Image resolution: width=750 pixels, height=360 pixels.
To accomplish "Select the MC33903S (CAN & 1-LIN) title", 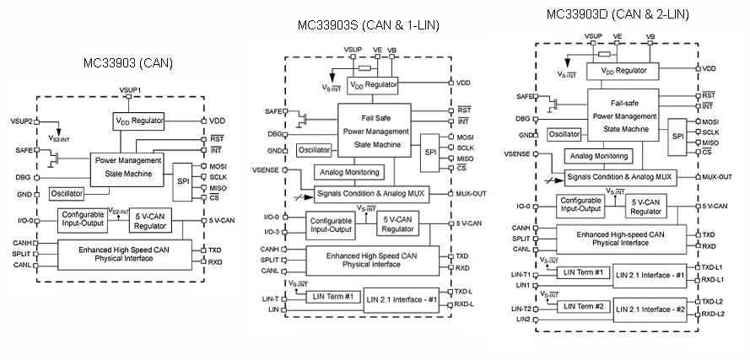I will point(368,25).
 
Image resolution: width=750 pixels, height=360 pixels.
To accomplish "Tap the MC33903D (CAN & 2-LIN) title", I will point(617,13).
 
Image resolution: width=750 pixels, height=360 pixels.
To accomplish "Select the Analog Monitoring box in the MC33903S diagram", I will point(348,172).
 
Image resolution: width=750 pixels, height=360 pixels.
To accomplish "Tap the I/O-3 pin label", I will point(271,232).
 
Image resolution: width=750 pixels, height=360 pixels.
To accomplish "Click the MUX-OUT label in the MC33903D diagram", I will point(716,177).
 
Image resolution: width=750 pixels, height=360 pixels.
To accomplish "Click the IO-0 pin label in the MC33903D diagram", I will point(522,206).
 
